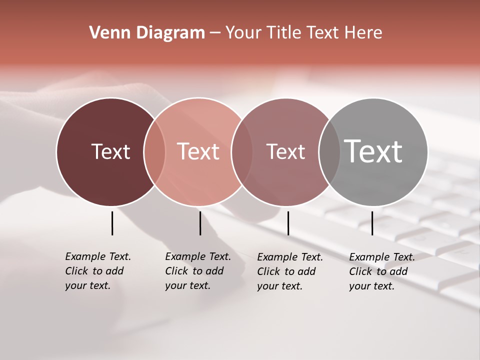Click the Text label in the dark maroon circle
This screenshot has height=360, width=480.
point(110,151)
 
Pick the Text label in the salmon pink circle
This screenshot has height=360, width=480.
point(198,151)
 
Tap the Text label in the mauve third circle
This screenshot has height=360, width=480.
point(285,151)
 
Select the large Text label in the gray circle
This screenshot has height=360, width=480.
point(373,151)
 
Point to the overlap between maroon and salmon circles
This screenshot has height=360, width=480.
point(154,152)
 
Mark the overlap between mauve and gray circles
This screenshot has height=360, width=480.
point(329,152)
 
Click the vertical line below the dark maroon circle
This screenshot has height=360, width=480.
point(112,223)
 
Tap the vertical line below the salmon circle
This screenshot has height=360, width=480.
point(200,223)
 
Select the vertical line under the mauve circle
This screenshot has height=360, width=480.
point(288,223)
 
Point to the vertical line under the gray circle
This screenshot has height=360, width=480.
point(372,223)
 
